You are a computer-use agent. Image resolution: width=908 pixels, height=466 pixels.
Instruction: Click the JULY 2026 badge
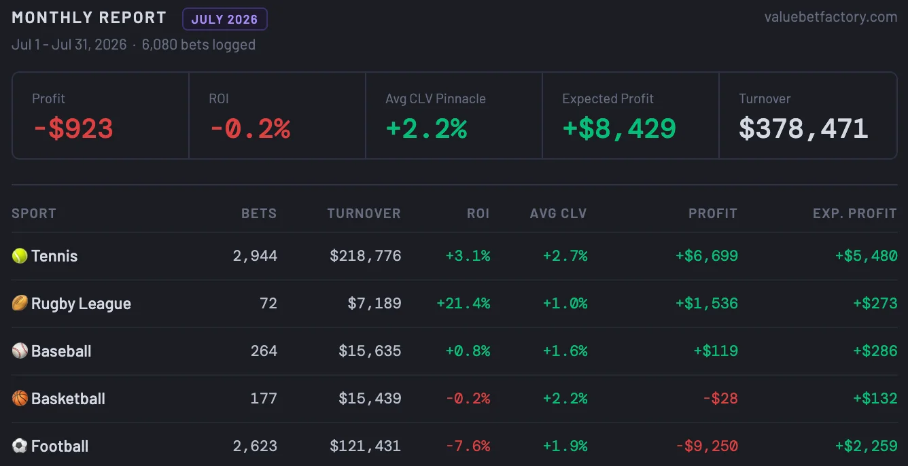click(x=224, y=19)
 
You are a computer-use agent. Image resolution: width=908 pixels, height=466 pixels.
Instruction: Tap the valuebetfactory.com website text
click(x=831, y=17)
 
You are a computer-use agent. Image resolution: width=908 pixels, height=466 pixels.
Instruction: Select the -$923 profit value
click(x=73, y=128)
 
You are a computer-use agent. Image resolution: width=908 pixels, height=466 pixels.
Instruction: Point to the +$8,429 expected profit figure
click(x=619, y=128)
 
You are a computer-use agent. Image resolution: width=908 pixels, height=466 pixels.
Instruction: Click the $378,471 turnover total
click(x=803, y=128)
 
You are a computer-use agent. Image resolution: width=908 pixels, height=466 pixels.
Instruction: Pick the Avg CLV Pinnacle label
click(x=436, y=98)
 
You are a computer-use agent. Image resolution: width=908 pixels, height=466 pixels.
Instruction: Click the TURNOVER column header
click(x=364, y=213)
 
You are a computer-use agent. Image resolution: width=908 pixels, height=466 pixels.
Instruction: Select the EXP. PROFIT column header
click(x=855, y=213)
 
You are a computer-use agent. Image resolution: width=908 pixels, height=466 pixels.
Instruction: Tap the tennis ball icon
click(x=20, y=255)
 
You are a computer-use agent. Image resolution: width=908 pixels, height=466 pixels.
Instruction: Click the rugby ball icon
click(x=20, y=303)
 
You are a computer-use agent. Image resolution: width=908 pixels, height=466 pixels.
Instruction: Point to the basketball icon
click(x=20, y=398)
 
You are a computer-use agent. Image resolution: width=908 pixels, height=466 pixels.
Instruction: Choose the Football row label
click(x=60, y=446)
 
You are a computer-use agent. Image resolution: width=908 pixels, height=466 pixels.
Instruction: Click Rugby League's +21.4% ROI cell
click(x=463, y=303)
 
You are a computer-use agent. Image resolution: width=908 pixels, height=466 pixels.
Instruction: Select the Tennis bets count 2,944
click(x=255, y=255)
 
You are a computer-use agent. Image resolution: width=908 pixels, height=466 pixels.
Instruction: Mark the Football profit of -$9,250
click(x=707, y=446)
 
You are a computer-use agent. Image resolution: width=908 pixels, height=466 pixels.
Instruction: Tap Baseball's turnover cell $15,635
click(x=370, y=351)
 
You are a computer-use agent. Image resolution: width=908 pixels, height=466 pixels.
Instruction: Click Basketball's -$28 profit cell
click(x=720, y=398)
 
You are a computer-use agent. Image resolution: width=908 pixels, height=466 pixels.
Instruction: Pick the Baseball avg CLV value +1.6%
click(x=565, y=351)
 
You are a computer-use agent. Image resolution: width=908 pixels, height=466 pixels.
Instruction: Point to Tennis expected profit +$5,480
click(x=867, y=255)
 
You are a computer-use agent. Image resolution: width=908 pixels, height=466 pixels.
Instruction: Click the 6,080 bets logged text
click(x=198, y=45)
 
